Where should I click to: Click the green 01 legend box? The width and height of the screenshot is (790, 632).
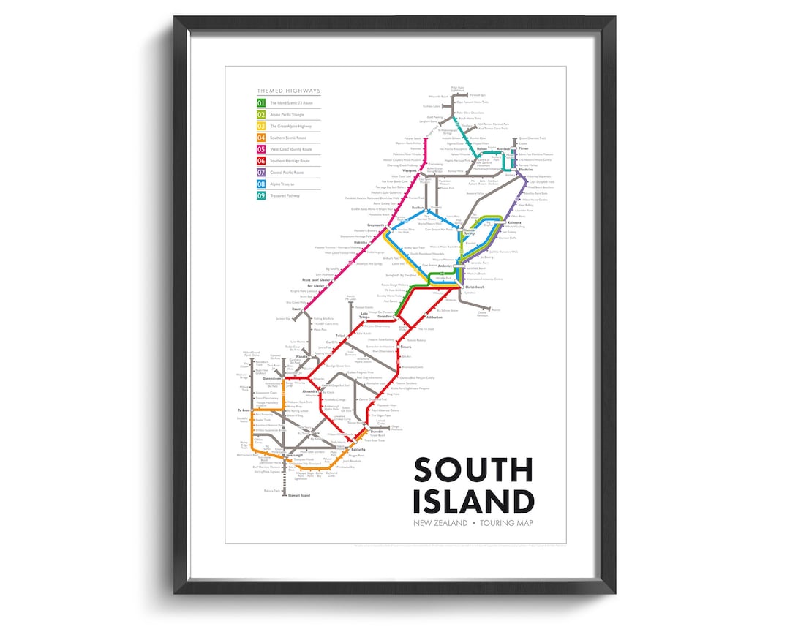260,103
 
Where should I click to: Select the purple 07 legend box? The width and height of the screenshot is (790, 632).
260,173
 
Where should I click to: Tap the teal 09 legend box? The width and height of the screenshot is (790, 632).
260,195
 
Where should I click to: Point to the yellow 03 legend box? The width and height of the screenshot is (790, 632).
260,127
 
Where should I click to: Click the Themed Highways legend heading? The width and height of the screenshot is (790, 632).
288,91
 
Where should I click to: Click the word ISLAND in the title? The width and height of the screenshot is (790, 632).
473,503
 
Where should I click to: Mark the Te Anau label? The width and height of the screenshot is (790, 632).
244,411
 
